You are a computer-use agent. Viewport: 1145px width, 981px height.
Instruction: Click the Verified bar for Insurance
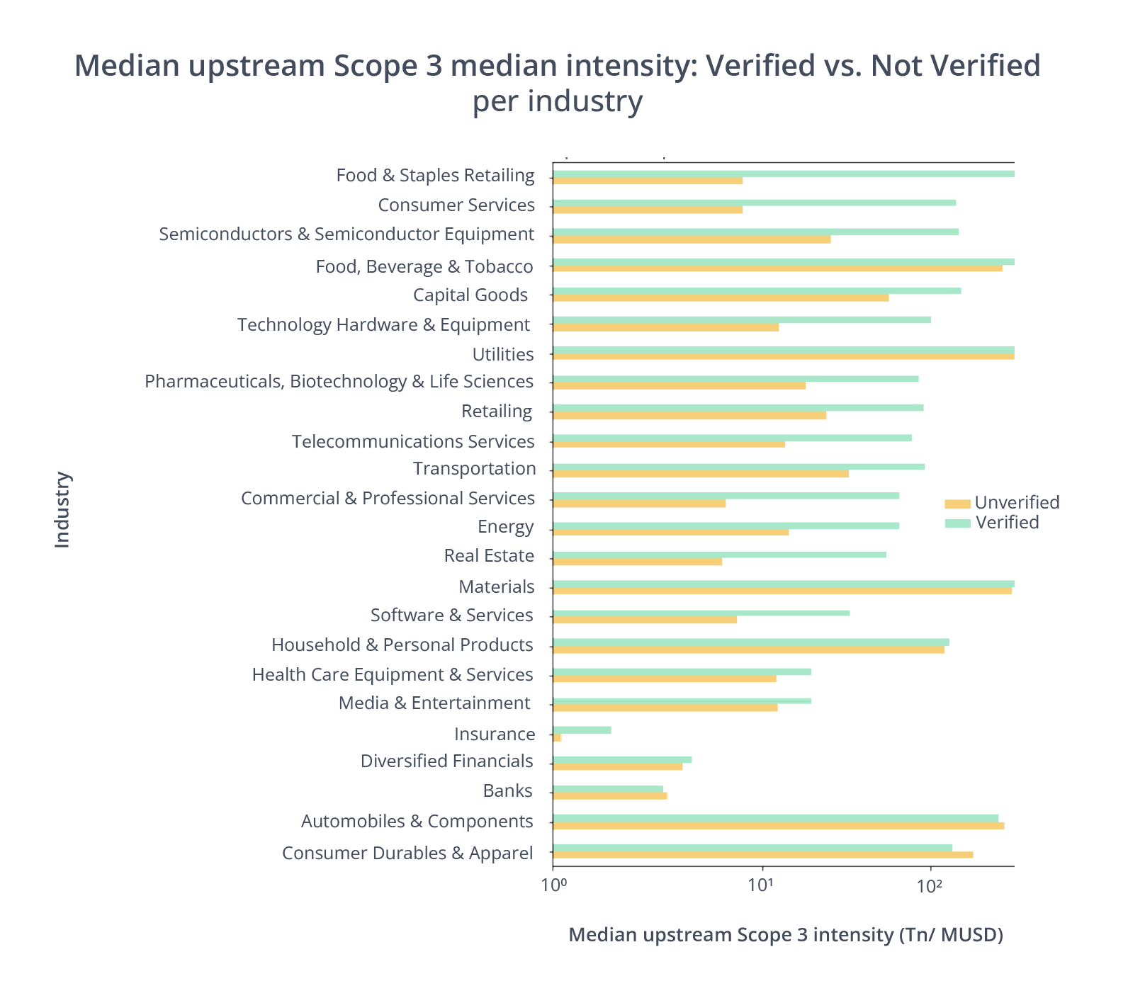pos(582,730)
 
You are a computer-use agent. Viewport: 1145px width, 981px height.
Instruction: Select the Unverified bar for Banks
pos(610,796)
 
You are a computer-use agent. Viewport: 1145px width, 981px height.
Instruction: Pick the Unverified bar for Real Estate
pos(638,562)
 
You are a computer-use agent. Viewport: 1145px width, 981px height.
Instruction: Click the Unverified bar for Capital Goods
pos(721,298)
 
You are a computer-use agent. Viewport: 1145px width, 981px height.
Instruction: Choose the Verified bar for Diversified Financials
pos(622,759)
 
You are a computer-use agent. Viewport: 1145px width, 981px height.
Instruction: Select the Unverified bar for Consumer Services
pos(648,210)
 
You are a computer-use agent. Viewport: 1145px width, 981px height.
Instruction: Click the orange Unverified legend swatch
pos(957,504)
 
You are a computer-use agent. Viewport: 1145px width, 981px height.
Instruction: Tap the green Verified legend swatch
pos(957,523)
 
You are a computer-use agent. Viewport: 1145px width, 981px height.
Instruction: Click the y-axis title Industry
pos(63,509)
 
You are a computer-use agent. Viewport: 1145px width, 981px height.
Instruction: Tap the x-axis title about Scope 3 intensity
pos(785,935)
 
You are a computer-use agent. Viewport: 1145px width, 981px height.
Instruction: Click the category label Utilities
pos(502,354)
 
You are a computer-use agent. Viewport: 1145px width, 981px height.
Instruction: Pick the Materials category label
pos(496,586)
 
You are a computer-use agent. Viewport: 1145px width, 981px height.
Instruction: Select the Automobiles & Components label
pos(417,822)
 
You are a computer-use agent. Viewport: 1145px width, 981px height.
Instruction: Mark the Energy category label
pos(505,527)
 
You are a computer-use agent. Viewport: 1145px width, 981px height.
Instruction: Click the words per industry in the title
pos(558,101)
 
